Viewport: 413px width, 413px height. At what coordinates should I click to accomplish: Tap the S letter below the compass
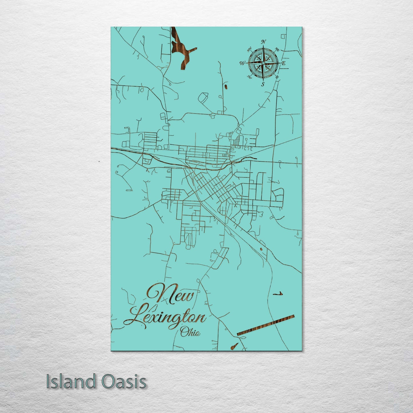point(263,84)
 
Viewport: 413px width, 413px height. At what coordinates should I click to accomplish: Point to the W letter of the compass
point(243,63)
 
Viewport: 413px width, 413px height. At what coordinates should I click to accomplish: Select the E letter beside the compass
point(284,63)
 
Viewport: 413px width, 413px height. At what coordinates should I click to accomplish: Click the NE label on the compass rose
point(277,49)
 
